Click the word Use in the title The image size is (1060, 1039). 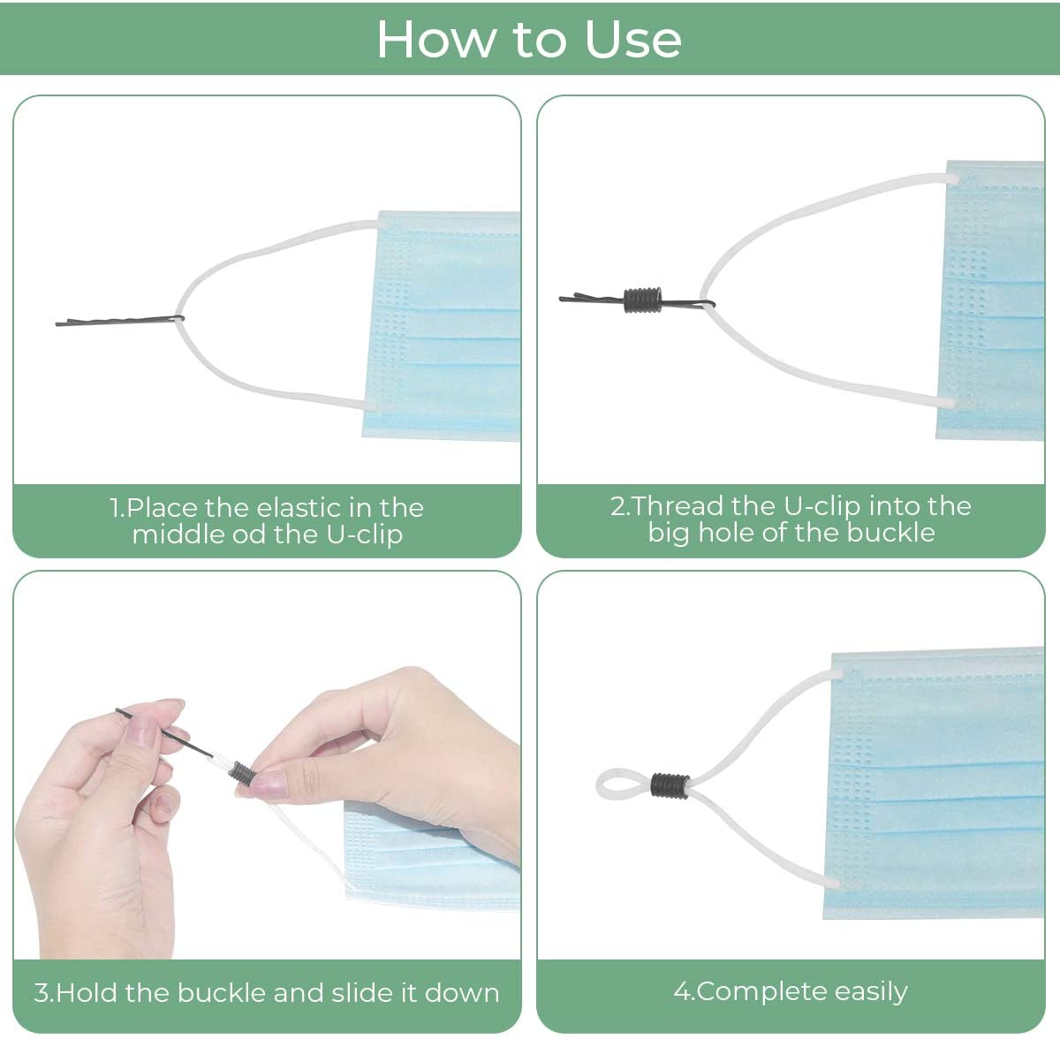[x=632, y=40]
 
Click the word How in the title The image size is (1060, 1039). [x=435, y=40]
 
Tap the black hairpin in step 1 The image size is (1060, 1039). [x=120, y=321]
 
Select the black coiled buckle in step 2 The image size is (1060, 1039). [x=643, y=300]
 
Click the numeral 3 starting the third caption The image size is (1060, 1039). [x=41, y=993]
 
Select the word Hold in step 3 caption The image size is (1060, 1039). [x=87, y=993]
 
